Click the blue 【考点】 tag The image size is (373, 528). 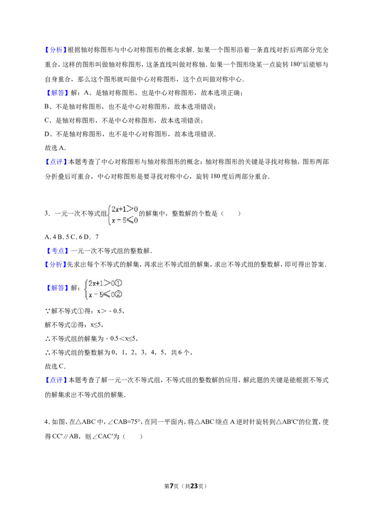[56, 251]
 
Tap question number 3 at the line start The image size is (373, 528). [47, 214]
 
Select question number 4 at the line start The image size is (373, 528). [47, 422]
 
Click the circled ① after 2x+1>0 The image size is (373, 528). [118, 284]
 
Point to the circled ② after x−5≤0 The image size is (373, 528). [119, 295]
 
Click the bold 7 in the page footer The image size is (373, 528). [172, 486]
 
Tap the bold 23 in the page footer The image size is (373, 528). [194, 486]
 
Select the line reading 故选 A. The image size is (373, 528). [55, 148]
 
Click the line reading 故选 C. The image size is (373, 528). [55, 366]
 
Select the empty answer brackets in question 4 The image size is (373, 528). [133, 437]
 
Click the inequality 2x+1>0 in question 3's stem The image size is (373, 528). [125, 209]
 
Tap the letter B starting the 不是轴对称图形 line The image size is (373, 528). [47, 107]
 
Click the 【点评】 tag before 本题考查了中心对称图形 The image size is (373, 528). [56, 162]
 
